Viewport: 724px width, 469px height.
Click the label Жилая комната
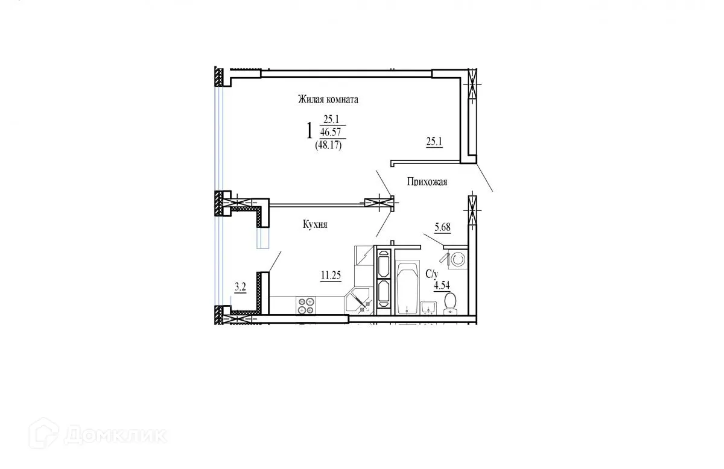pyautogui.click(x=328, y=99)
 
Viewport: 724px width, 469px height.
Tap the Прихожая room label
pyautogui.click(x=427, y=181)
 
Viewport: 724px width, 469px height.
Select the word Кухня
pyautogui.click(x=314, y=224)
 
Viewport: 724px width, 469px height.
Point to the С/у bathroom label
pyautogui.click(x=431, y=274)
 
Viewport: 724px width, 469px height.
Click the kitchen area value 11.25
pyautogui.click(x=331, y=275)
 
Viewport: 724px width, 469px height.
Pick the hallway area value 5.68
pyautogui.click(x=442, y=227)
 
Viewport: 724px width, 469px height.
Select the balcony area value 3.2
pyautogui.click(x=240, y=287)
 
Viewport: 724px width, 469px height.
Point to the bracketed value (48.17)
pyautogui.click(x=328, y=145)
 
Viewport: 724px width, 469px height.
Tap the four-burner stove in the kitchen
pyautogui.click(x=306, y=304)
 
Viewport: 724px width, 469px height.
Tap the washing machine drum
pyautogui.click(x=457, y=259)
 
